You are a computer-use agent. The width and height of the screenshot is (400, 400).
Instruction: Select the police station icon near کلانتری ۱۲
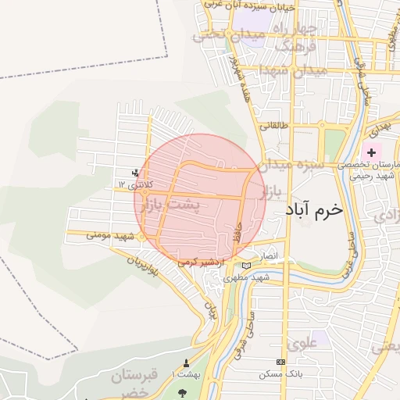137,173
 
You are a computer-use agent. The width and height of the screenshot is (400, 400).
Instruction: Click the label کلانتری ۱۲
137,184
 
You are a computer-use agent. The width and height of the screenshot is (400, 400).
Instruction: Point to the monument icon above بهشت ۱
186,363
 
